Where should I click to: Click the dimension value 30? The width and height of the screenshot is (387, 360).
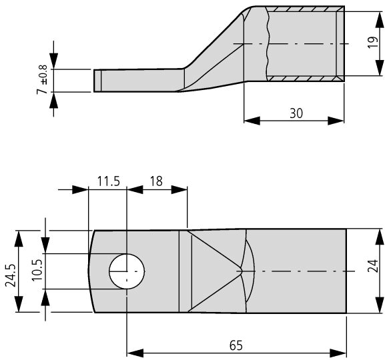(x=296, y=113)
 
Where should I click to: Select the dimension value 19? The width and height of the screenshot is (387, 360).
(x=373, y=43)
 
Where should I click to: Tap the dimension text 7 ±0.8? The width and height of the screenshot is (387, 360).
(x=42, y=79)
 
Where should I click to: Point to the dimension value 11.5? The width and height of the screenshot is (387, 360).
(x=109, y=181)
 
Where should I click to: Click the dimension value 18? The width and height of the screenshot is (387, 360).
(x=156, y=181)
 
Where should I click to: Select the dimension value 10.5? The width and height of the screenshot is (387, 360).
(x=37, y=271)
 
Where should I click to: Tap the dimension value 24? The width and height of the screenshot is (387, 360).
(x=373, y=265)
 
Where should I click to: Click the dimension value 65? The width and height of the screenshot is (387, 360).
(x=236, y=345)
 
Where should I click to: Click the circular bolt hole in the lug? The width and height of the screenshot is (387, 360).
(x=127, y=271)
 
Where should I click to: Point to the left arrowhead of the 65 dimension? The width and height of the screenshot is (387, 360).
(x=135, y=353)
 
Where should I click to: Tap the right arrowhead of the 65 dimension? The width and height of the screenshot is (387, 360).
(x=338, y=353)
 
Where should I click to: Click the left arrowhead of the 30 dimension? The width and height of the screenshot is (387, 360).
(x=252, y=121)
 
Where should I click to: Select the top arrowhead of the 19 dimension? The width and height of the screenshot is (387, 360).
(x=380, y=20)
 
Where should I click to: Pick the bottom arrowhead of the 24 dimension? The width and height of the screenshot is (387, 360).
(x=380, y=305)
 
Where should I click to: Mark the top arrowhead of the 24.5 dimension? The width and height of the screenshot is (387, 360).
(x=19, y=239)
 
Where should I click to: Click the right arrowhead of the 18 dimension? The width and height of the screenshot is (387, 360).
(x=179, y=189)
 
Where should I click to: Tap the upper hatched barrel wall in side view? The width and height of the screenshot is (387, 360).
(x=306, y=9)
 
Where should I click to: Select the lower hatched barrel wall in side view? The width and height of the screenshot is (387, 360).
(x=306, y=79)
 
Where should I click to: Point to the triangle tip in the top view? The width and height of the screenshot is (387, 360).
(x=242, y=271)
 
